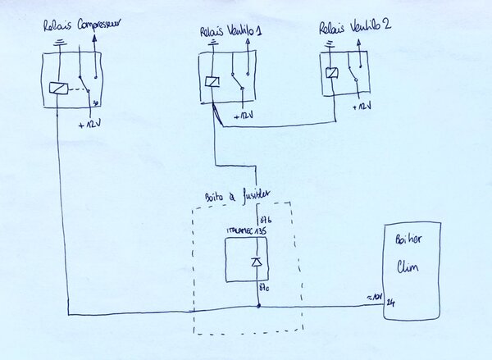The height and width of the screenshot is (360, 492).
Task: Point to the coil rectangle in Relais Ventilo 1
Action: click(x=212, y=80)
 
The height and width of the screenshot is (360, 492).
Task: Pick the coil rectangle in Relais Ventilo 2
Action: click(x=330, y=73)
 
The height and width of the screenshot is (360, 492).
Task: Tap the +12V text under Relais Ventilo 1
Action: click(x=244, y=116)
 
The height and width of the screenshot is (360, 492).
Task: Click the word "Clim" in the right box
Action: click(x=408, y=267)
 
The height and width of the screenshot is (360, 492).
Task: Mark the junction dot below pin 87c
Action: click(x=259, y=307)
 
